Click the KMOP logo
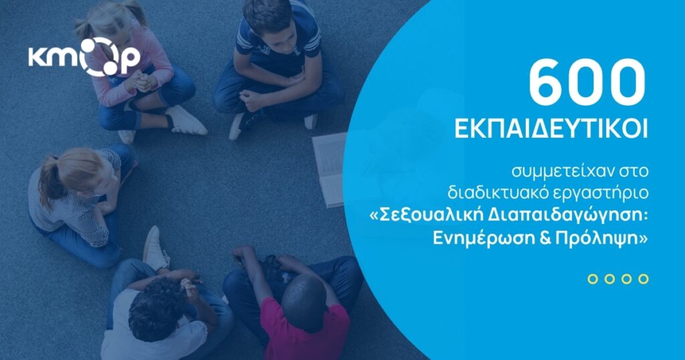[x=84, y=57]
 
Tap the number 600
[x=587, y=82]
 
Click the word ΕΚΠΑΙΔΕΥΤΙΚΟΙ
[x=551, y=130]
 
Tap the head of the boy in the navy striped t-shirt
[x=267, y=19]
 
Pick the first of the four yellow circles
[x=593, y=279]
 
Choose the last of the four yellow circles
[x=643, y=279]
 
